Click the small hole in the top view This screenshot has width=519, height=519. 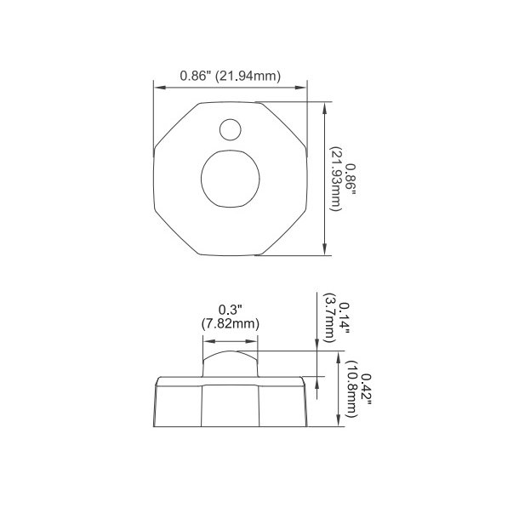tap(231, 129)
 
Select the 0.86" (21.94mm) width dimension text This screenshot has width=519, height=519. tap(230, 76)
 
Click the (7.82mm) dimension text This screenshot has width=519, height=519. tap(230, 323)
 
